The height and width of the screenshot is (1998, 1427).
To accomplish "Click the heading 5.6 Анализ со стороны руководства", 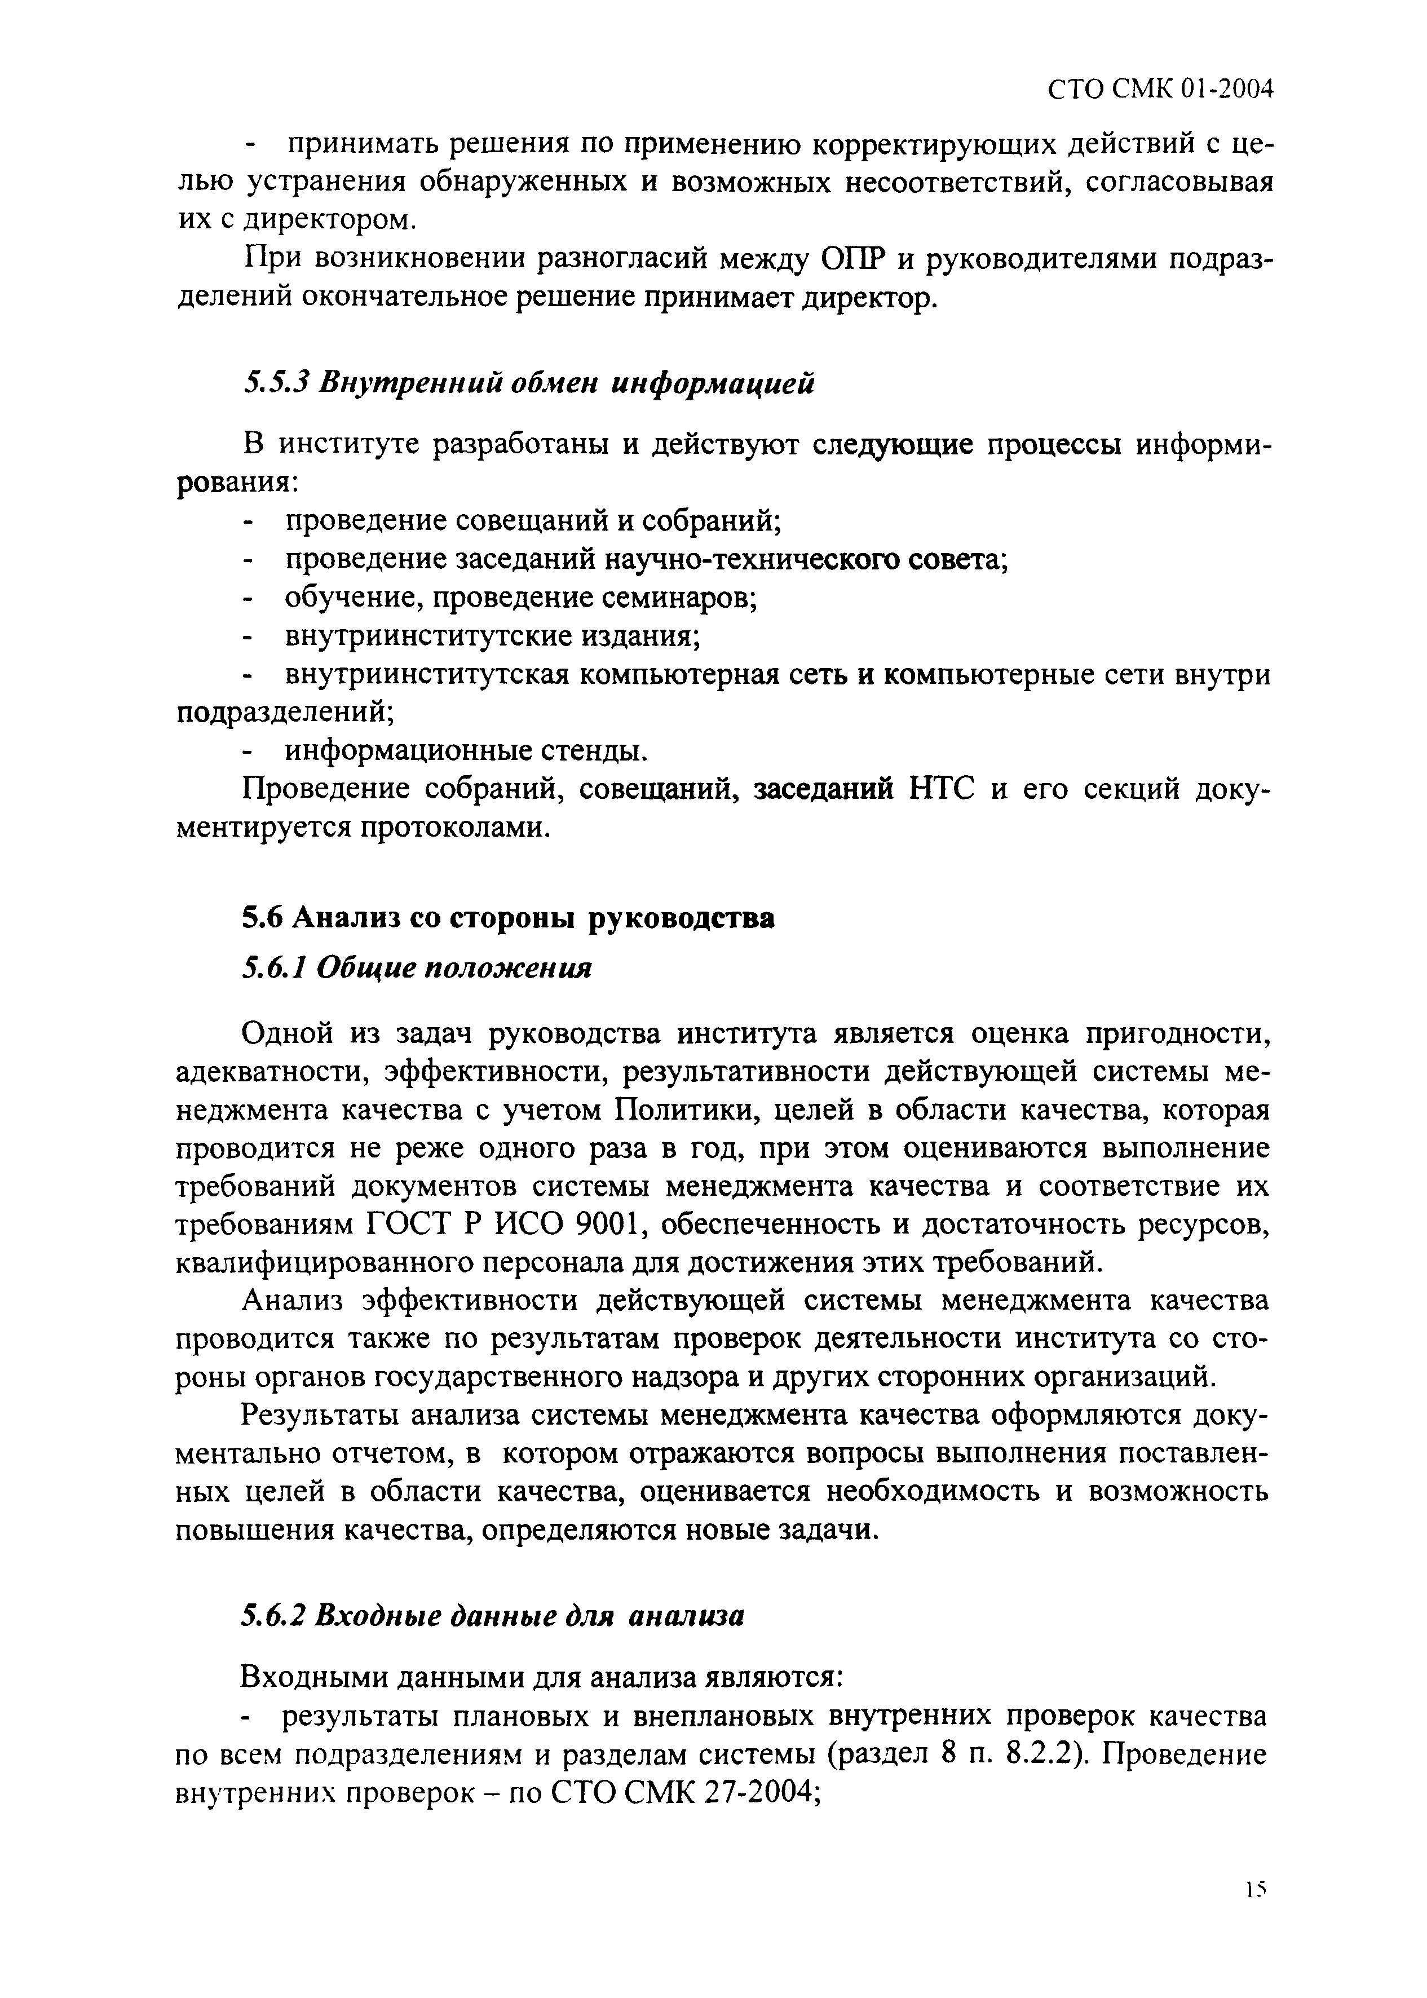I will (508, 918).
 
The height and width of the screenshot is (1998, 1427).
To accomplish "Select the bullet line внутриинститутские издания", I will (492, 636).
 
